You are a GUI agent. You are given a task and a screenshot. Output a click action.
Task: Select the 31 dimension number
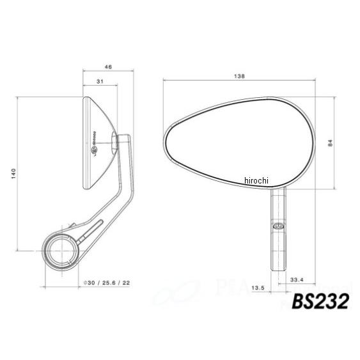pyautogui.click(x=99, y=82)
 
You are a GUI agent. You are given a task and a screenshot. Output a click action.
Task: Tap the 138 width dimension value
pyautogui.click(x=240, y=76)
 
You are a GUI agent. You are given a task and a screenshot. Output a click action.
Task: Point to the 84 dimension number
pyautogui.click(x=331, y=143)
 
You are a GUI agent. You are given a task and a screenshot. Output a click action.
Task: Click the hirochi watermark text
pyautogui.click(x=256, y=182)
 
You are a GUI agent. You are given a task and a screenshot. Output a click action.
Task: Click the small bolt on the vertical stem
pyautogui.click(x=278, y=226)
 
